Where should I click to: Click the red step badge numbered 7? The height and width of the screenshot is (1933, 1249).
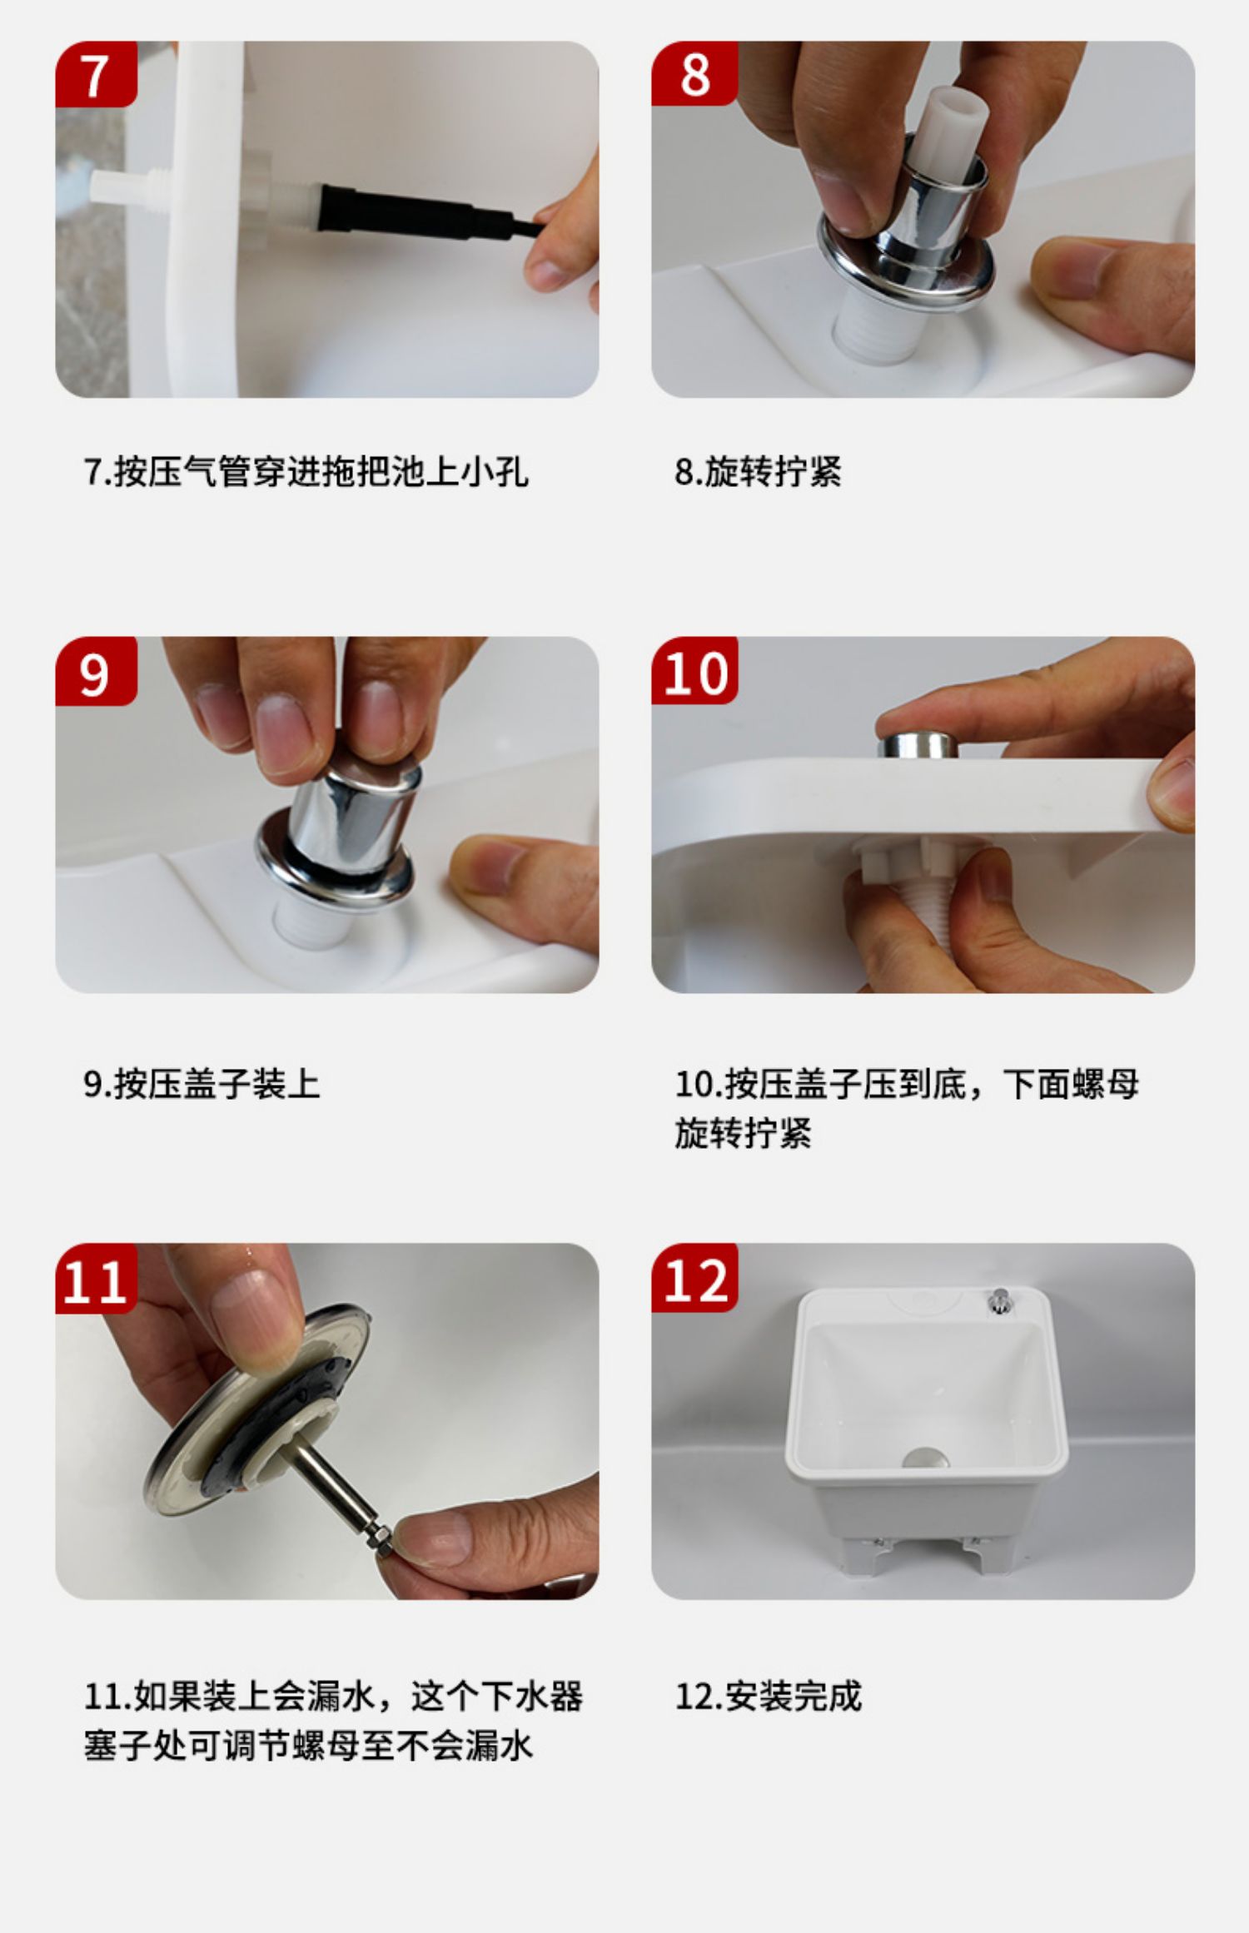tap(96, 74)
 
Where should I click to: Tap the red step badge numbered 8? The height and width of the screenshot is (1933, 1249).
tap(694, 74)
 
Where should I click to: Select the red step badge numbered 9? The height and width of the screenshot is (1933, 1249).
tap(96, 671)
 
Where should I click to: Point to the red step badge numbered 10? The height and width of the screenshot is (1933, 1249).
tap(694, 671)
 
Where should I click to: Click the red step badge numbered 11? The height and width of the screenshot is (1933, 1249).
tap(96, 1279)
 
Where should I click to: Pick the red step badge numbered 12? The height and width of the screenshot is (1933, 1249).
tap(694, 1279)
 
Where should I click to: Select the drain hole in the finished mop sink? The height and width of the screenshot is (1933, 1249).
tap(923, 1458)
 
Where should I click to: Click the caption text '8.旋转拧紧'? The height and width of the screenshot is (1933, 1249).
tap(758, 472)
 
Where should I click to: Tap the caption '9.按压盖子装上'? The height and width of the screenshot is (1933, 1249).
tap(202, 1084)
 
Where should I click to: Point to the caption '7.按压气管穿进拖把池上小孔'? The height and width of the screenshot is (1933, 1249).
tap(306, 472)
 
